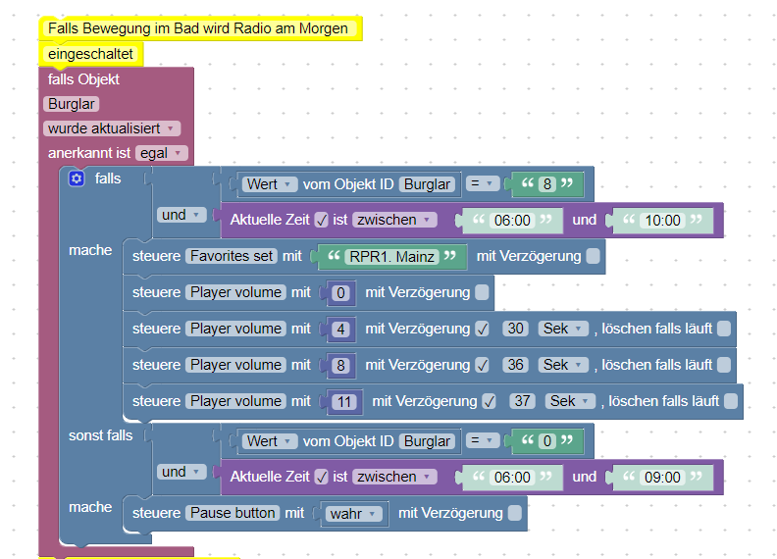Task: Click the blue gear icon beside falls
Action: pos(77,178)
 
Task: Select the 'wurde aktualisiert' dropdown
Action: pos(112,128)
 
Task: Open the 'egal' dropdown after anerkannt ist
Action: pos(162,153)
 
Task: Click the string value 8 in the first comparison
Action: pos(547,184)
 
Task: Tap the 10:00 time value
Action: pos(662,220)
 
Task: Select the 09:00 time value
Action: pos(662,478)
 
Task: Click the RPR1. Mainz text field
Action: pos(392,256)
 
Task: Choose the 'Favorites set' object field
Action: pos(232,256)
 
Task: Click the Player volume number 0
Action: pos(341,293)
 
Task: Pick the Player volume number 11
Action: pos(344,401)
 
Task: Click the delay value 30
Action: pos(515,329)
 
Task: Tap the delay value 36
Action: pos(515,365)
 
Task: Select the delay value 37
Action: pos(522,401)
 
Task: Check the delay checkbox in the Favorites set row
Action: pos(593,256)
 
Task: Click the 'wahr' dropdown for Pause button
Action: pos(353,514)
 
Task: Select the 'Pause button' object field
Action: pos(233,513)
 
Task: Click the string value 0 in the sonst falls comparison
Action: pos(547,441)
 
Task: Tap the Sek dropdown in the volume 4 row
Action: pos(563,329)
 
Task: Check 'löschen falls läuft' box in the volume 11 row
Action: pos(731,401)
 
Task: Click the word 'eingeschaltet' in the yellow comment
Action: pos(90,54)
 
